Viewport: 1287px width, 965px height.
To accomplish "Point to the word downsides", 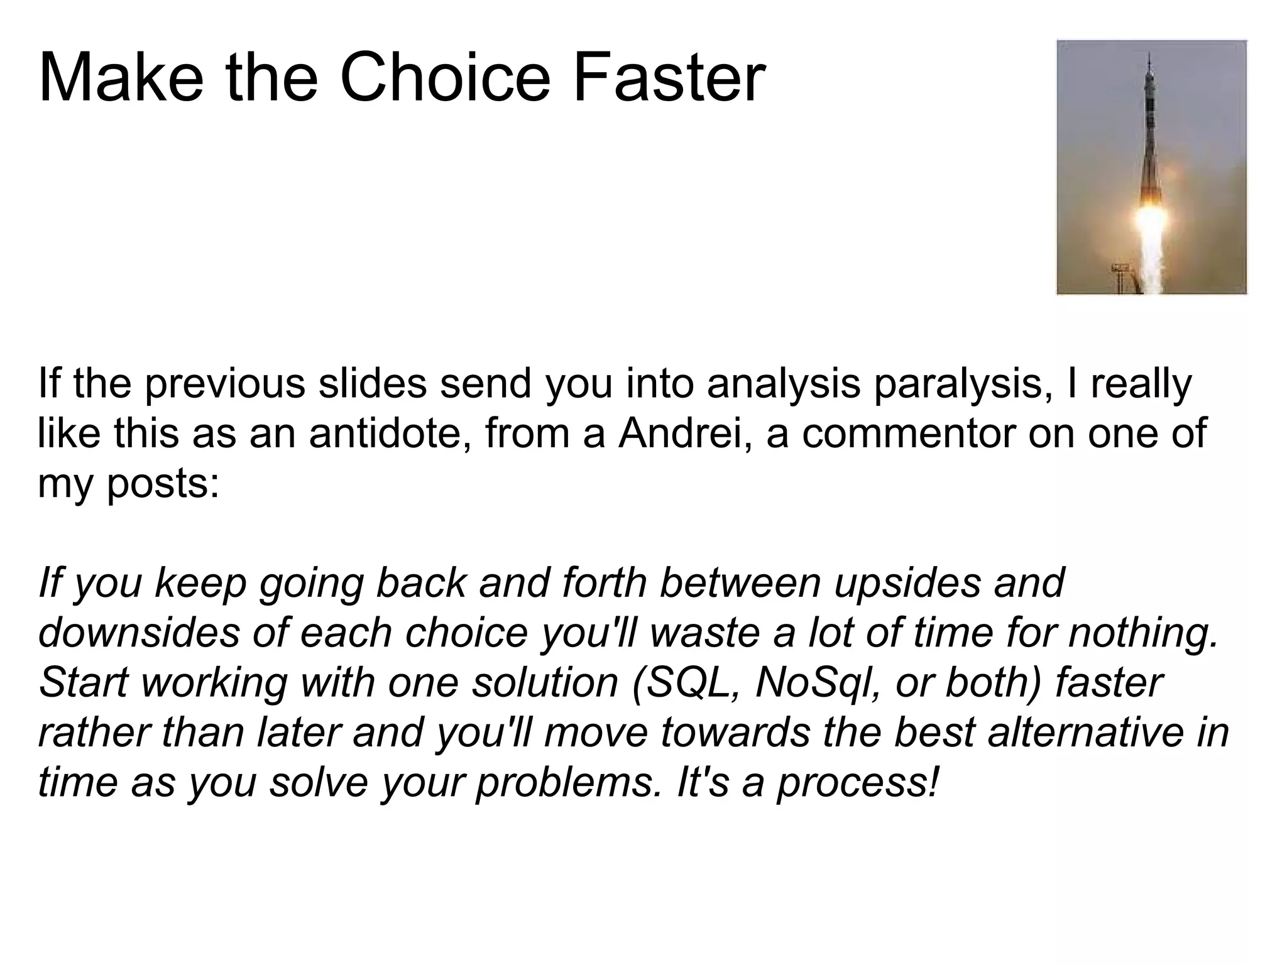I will (139, 633).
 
